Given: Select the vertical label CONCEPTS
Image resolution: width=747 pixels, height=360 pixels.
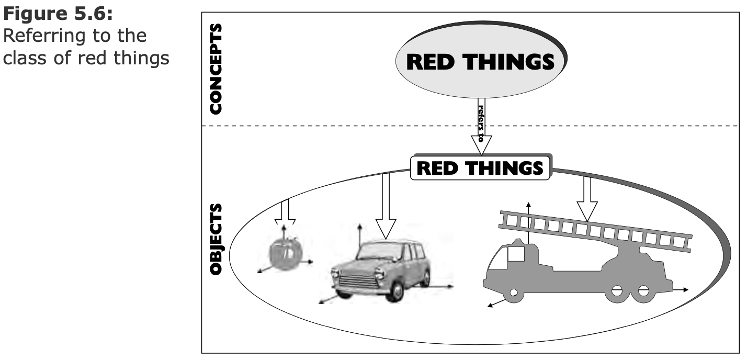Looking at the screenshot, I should (215, 69).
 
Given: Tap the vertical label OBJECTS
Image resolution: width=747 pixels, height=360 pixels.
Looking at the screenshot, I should (215, 240).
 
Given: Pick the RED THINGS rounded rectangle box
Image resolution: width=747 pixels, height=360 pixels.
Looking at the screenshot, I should (480, 168).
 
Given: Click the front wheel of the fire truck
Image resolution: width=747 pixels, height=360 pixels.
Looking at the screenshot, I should (514, 293).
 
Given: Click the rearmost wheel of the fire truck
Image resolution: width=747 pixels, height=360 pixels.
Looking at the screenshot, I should (643, 291).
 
